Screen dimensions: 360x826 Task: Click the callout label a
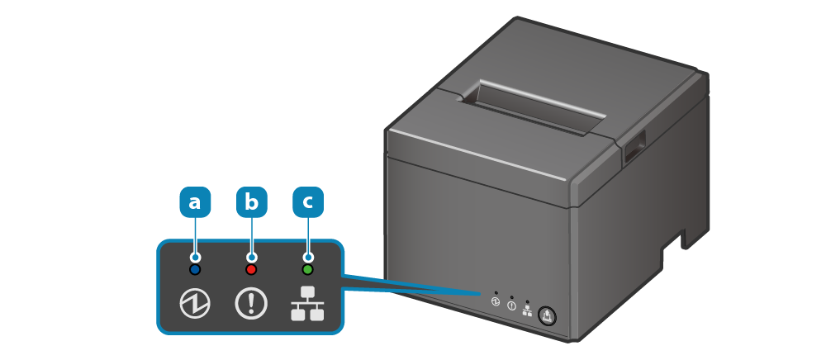[195, 201]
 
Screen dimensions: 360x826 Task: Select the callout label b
[252, 201]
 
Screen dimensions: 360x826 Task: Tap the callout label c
[308, 201]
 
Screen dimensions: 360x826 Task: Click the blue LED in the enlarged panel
[195, 269]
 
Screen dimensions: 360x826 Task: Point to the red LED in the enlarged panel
[252, 269]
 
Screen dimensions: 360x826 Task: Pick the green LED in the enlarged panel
[308, 269]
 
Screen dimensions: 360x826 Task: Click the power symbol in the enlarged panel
[195, 304]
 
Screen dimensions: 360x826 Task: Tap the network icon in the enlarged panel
[307, 304]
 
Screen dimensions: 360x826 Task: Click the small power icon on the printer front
[496, 303]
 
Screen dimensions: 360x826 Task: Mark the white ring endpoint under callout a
[195, 257]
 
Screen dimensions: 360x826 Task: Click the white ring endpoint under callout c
[308, 257]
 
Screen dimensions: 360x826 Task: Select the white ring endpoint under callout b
[252, 257]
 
